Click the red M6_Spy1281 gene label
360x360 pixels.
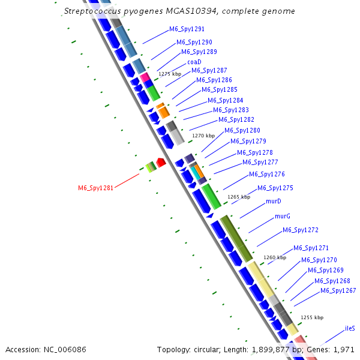pyautogui.click(x=96, y=188)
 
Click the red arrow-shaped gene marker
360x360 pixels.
pyautogui.click(x=160, y=162)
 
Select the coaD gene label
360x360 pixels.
pyautogui.click(x=194, y=62)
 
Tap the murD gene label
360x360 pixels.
pyautogui.click(x=274, y=202)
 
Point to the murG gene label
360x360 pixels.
pyautogui.click(x=283, y=216)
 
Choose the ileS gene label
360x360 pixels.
pyautogui.click(x=350, y=329)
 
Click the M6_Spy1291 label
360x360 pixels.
pyautogui.click(x=187, y=29)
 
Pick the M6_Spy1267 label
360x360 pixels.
pyautogui.click(x=338, y=291)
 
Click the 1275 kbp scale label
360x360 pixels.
pyautogui.click(x=170, y=74)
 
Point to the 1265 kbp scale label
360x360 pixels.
pyautogui.click(x=238, y=197)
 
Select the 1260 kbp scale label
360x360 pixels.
pyautogui.click(x=275, y=257)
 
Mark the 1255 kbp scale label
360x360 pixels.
pyautogui.click(x=312, y=317)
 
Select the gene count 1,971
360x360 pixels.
pyautogui.click(x=346, y=349)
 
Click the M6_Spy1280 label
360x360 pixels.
pyautogui.click(x=242, y=130)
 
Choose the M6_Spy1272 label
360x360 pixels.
pyautogui.click(x=301, y=230)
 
